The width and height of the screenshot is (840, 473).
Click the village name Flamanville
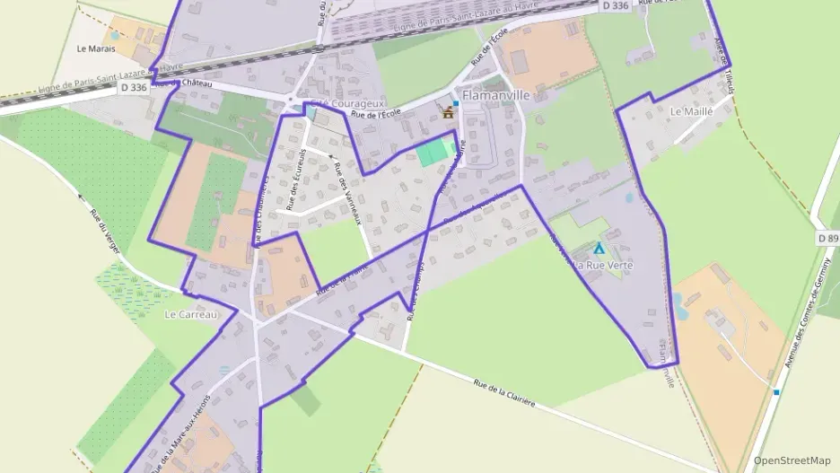[496, 94]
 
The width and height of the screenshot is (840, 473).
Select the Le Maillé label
[691, 111]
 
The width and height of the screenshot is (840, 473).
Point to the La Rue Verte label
[603, 266]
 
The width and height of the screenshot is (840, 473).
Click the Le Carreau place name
[191, 315]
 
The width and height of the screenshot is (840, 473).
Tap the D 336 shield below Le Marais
[133, 87]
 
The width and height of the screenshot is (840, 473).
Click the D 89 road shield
[827, 239]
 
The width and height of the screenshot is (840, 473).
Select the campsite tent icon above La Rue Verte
[599, 248]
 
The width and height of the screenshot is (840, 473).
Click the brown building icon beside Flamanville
[448, 112]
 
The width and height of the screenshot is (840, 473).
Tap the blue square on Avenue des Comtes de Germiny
[776, 391]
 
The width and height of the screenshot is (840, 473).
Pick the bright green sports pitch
[435, 152]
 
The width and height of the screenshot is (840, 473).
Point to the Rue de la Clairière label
[504, 391]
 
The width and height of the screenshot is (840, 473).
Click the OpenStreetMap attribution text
[792, 460]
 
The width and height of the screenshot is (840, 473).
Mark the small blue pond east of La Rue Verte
[679, 302]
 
